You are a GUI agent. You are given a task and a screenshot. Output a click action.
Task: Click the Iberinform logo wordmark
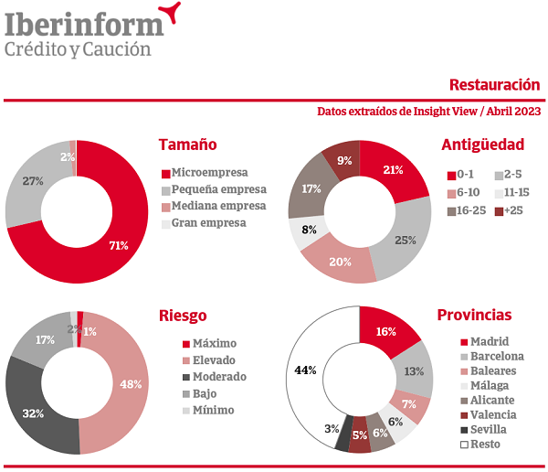coord(84,22)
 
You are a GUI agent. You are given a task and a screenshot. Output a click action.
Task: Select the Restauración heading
coord(494,85)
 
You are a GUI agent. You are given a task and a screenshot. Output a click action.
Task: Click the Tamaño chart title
coord(187,145)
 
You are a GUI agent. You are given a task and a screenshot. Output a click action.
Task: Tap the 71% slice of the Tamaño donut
coord(118,244)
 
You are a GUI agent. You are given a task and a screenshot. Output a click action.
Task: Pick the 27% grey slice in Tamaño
coord(34,182)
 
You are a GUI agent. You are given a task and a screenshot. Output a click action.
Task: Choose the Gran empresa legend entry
coord(210,222)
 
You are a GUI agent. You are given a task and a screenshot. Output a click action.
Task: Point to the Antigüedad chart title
coord(482,145)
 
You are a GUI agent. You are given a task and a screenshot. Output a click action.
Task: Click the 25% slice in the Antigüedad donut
coord(406,240)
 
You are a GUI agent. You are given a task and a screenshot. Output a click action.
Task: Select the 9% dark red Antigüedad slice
coord(343,160)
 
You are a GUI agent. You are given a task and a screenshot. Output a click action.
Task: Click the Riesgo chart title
coord(183,316)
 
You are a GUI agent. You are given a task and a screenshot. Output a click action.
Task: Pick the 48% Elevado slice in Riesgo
coord(130,384)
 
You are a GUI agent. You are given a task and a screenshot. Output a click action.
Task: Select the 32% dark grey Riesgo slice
coord(34,413)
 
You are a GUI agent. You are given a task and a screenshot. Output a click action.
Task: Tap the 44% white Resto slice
coord(306,370)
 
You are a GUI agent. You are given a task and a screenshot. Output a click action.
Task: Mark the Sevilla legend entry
coord(488,428)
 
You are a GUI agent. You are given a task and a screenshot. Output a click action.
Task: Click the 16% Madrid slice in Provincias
coord(387,330)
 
